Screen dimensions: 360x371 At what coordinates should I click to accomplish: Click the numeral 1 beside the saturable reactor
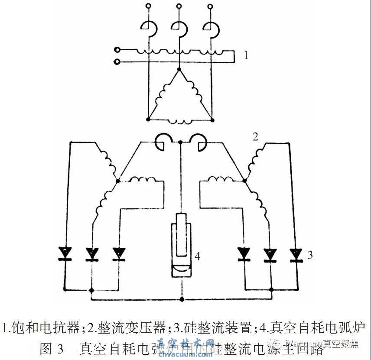coord(246,55)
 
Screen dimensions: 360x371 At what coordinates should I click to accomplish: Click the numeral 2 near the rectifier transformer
coord(255,137)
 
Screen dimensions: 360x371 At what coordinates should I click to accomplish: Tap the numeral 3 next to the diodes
coord(310,255)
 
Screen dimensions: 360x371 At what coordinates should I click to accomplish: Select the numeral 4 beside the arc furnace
coord(197,256)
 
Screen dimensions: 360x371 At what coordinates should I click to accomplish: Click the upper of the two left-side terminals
coord(117,50)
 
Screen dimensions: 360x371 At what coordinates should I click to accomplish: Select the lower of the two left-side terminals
coord(117,62)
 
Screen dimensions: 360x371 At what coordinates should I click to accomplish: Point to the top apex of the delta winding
coord(179,69)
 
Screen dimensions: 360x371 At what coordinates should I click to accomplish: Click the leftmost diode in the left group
coord(65,253)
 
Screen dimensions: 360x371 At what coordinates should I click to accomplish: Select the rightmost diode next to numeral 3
coord(296,253)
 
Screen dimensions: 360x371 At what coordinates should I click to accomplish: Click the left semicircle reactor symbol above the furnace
coord(163,143)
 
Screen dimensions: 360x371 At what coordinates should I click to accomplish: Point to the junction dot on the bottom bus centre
coord(182,299)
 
